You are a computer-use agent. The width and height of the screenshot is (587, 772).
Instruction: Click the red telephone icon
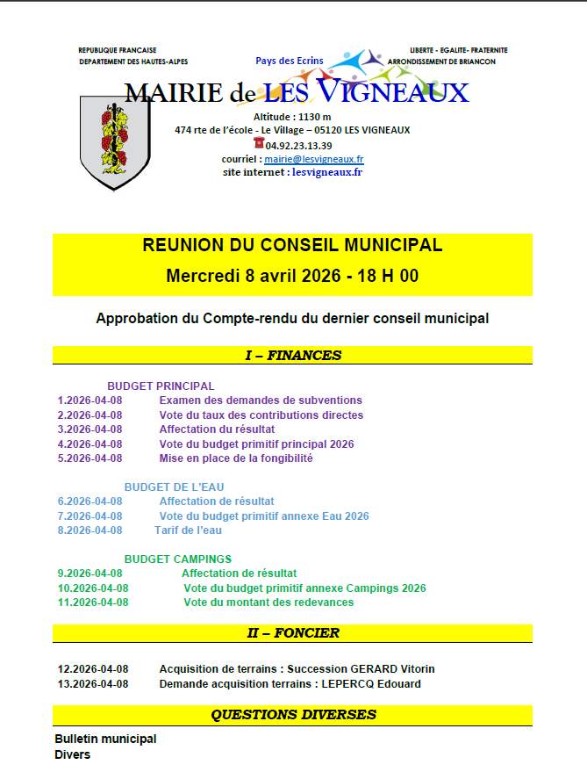pos(259,143)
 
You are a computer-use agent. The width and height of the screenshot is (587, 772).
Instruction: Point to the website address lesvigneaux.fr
pos(326,172)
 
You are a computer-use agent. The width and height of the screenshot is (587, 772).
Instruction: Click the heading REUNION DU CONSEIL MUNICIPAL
pos(292,245)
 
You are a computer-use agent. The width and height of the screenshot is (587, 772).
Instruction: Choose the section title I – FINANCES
pos(292,356)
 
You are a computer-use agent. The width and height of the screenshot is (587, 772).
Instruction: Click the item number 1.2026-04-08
pos(89,400)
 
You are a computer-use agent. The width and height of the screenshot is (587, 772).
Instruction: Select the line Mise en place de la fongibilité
pos(236,458)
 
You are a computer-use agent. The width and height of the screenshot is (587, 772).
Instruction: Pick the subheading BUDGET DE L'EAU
pos(174,487)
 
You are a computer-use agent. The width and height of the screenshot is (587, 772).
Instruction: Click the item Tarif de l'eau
pos(188,530)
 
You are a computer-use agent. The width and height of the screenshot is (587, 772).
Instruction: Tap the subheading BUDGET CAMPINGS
pos(177,559)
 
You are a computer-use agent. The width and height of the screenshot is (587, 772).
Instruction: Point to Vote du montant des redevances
pos(268,602)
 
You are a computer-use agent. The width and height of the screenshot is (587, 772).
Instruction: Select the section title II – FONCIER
pos(292,632)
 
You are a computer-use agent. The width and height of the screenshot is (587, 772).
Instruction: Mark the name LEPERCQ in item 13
pos(348,683)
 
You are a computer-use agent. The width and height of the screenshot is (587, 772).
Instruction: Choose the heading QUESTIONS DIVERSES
pos(293,715)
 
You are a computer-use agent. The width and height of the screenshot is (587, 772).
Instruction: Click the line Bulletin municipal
pos(105,739)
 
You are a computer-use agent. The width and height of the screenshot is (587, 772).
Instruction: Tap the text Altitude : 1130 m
pos(292,117)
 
